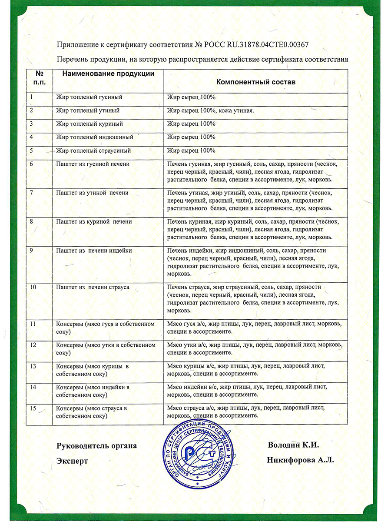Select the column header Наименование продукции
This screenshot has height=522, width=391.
pos(109,74)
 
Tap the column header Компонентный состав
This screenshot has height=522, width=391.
pos(256,82)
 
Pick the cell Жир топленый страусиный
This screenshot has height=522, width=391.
pos(93,151)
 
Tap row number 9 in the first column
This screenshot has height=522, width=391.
pos(32,251)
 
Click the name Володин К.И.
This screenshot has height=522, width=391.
pos(294,445)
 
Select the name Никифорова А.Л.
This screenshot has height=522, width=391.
pos(300,460)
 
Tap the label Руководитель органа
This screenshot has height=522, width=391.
pos(96,446)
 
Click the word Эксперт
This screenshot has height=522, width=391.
pos(72,461)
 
